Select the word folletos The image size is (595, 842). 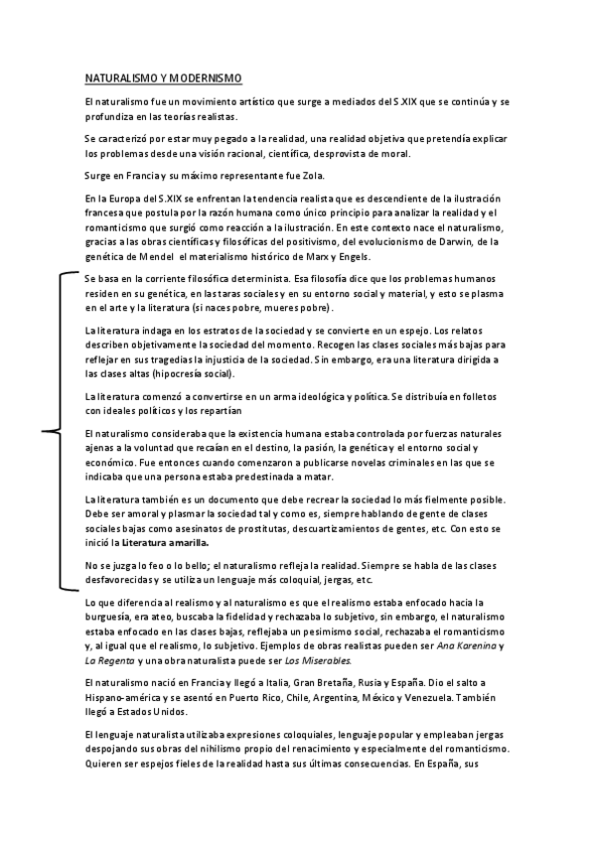tap(485, 396)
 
